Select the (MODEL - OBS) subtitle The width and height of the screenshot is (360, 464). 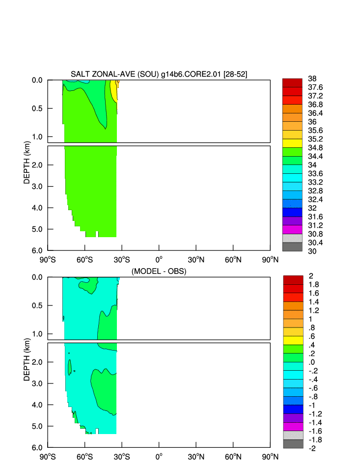159,271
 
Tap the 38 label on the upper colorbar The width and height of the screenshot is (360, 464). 312,79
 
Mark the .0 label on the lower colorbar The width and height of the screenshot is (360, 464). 311,362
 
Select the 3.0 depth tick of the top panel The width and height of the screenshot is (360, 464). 38,187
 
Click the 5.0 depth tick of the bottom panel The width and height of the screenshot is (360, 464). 38,426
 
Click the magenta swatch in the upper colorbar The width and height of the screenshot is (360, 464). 292,230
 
